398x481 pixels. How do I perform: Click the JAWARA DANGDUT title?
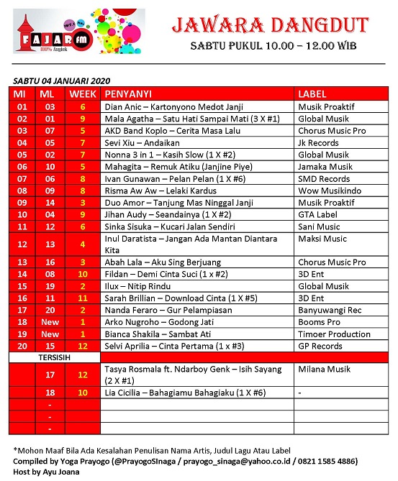(270, 26)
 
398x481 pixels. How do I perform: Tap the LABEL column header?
(312, 94)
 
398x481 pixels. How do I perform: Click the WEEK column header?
(83, 94)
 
